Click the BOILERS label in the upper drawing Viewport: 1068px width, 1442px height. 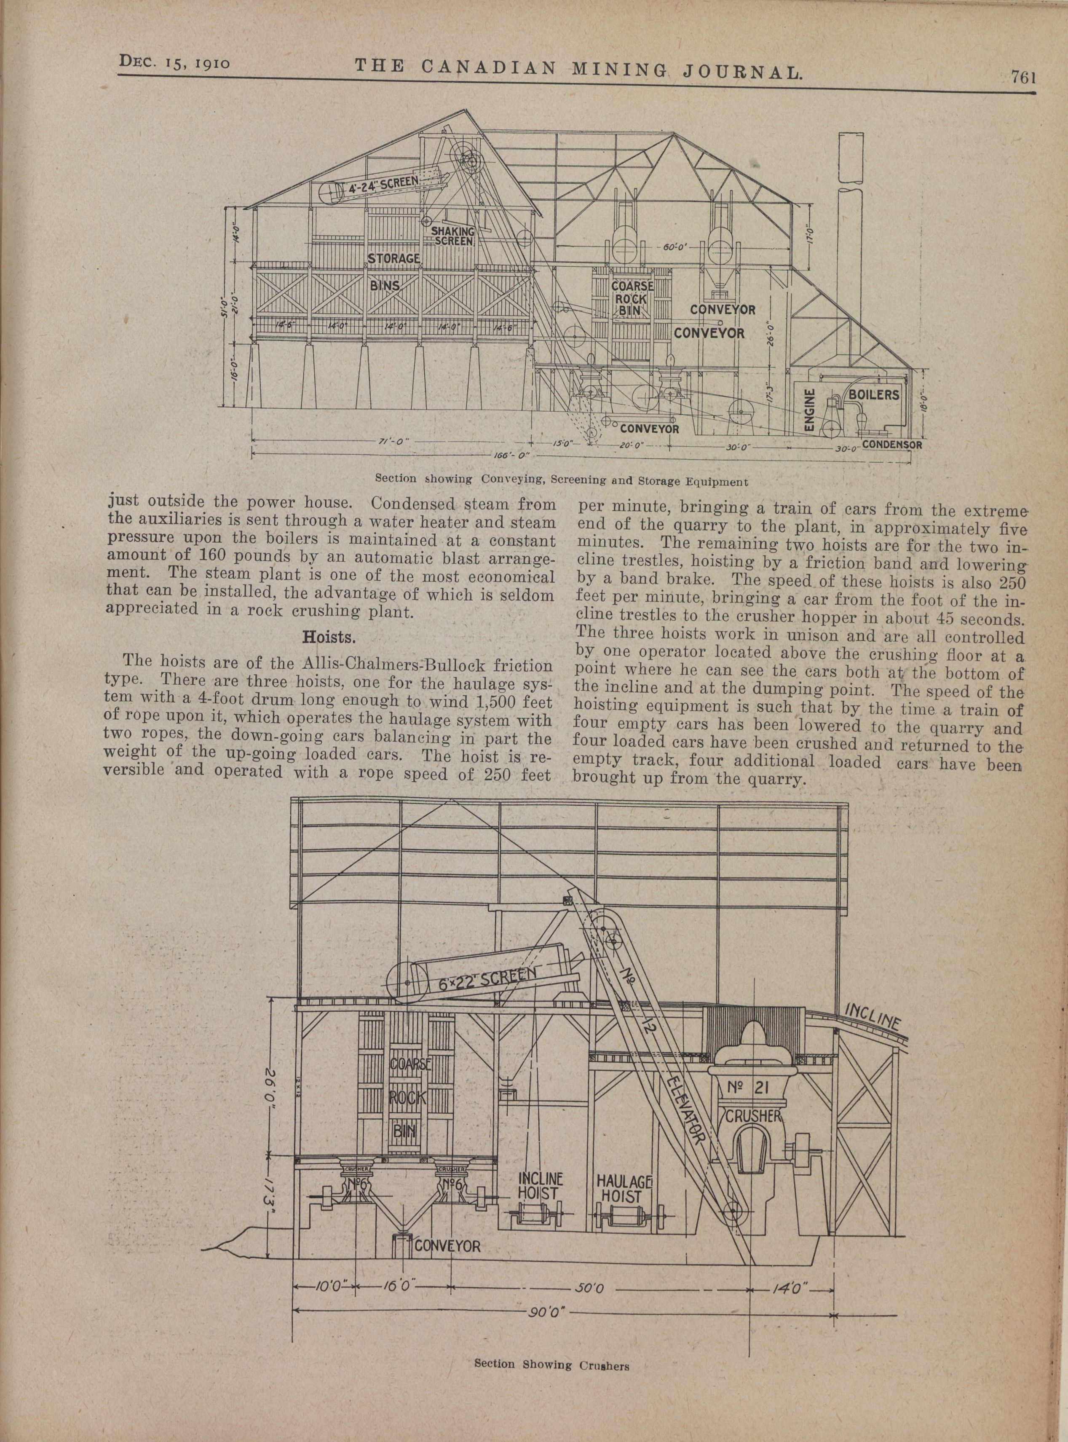(x=874, y=394)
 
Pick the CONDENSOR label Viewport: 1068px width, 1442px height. (x=891, y=445)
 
